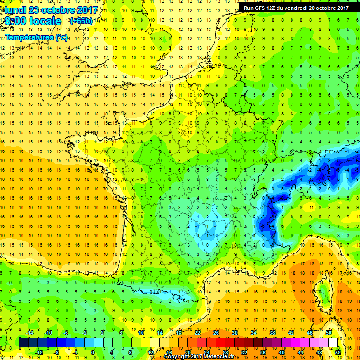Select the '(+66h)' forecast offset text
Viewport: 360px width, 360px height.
pyautogui.click(x=81, y=21)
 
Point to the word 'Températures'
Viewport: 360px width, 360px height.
pyautogui.click(x=29, y=37)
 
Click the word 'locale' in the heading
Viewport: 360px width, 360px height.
pyautogui.click(x=45, y=22)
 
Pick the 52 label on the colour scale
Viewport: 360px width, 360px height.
pyautogui.click(x=338, y=352)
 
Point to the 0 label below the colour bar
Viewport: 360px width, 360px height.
pyautogui.click(x=93, y=352)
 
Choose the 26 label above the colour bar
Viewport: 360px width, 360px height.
pyautogui.click(x=216, y=333)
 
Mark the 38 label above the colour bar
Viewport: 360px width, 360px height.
pyautogui.click(x=272, y=333)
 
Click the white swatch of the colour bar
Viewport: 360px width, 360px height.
pyautogui.click(x=333, y=343)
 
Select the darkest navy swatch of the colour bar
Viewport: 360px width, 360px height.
pyautogui.click(x=23, y=343)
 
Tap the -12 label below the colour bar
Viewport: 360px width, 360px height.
pyautogui.click(x=39, y=352)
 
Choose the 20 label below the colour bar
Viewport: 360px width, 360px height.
pyautogui.click(x=188, y=352)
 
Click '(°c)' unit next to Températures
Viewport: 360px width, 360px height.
pyautogui.click(x=61, y=37)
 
